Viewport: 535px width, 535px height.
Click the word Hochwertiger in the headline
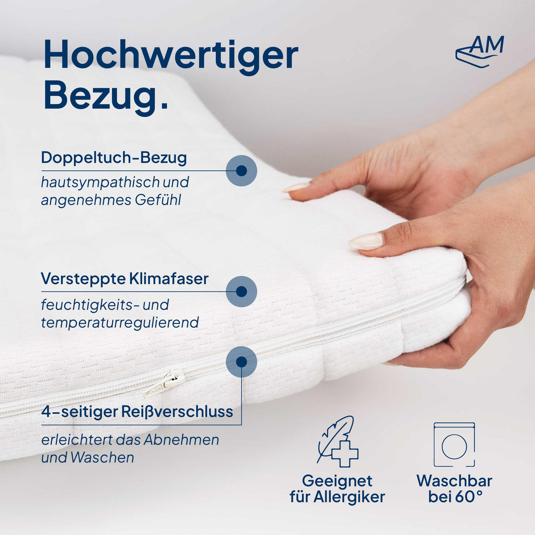(x=171, y=56)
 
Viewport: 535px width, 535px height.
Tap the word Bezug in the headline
(x=100, y=96)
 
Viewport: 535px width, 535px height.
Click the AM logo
(x=480, y=49)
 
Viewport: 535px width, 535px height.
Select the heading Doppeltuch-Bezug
(x=114, y=157)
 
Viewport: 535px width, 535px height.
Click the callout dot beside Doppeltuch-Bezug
(x=241, y=170)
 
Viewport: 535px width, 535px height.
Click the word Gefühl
(x=158, y=200)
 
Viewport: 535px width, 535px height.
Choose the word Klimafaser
(x=169, y=279)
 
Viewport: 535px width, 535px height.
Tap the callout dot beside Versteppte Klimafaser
(x=241, y=292)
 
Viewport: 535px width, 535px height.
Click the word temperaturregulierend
(x=120, y=322)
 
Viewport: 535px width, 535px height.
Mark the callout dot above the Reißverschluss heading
(x=241, y=361)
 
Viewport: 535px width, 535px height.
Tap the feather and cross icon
(x=337, y=441)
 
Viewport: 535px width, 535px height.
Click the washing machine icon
(x=454, y=444)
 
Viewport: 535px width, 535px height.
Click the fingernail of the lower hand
(x=366, y=241)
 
